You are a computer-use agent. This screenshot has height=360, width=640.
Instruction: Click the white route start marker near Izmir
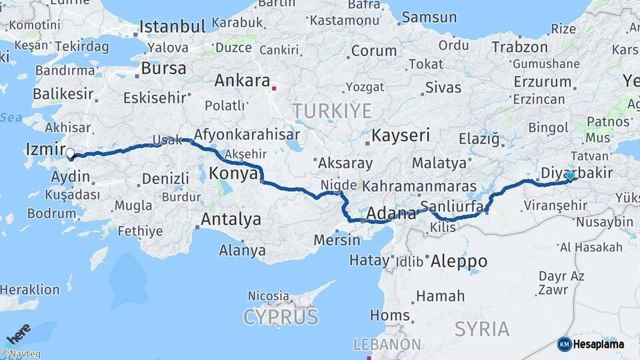(x=70, y=154)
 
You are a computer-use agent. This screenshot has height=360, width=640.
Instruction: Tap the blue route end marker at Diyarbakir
(x=570, y=176)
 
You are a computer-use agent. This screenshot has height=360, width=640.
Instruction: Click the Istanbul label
(x=172, y=27)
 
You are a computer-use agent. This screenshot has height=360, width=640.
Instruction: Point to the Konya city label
(x=233, y=174)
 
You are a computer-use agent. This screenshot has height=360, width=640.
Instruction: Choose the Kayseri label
(x=400, y=135)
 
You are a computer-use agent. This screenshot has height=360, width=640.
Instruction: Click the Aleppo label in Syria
(x=459, y=261)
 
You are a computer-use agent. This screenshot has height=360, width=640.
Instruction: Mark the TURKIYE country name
(x=331, y=110)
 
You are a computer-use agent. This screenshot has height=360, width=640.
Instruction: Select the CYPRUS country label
(x=281, y=317)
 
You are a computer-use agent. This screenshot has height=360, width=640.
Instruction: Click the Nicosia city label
(x=269, y=295)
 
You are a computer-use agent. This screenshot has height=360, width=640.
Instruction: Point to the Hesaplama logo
(x=591, y=344)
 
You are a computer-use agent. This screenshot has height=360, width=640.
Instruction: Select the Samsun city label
(x=429, y=17)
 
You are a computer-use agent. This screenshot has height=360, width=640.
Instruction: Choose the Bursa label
(x=163, y=69)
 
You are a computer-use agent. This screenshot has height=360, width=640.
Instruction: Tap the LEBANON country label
(x=387, y=345)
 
